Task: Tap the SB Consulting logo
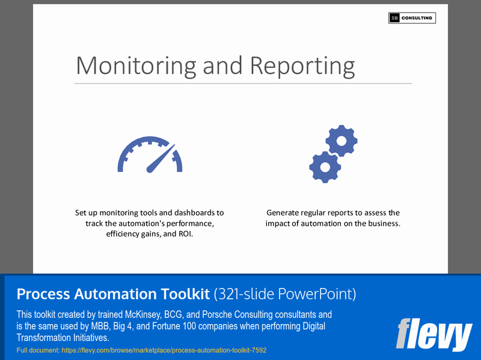[x=412, y=18]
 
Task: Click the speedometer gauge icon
[x=150, y=155]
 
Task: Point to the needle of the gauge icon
[x=161, y=157]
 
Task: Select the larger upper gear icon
[x=342, y=141]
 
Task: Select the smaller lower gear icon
[x=325, y=167]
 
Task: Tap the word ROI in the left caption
[x=186, y=234]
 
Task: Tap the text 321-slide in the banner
[x=248, y=294]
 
